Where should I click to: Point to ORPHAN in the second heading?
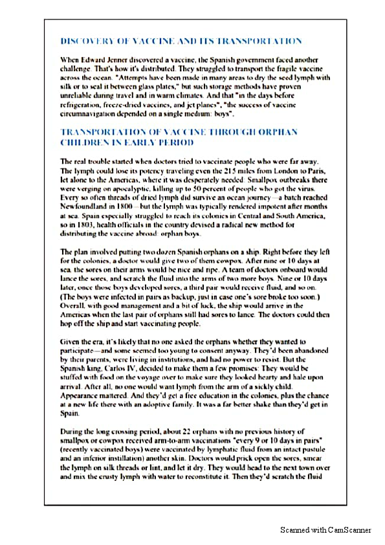[x=278, y=132]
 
